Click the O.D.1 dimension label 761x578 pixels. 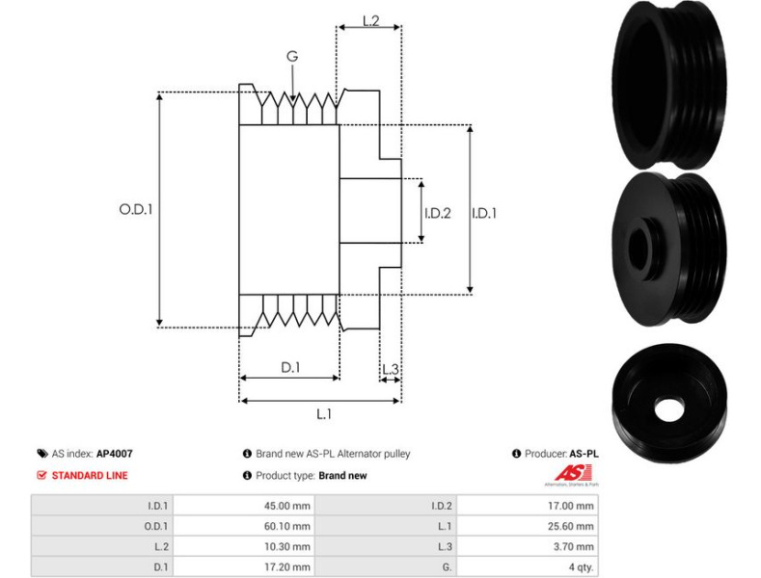[x=136, y=207]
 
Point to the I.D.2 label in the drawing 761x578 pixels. [x=437, y=213]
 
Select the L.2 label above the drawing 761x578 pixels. [x=370, y=20]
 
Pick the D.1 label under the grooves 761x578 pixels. [x=290, y=367]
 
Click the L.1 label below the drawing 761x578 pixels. [x=324, y=414]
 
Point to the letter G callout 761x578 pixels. [x=291, y=57]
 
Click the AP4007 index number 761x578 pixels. [x=115, y=453]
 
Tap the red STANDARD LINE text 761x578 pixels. [x=89, y=475]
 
